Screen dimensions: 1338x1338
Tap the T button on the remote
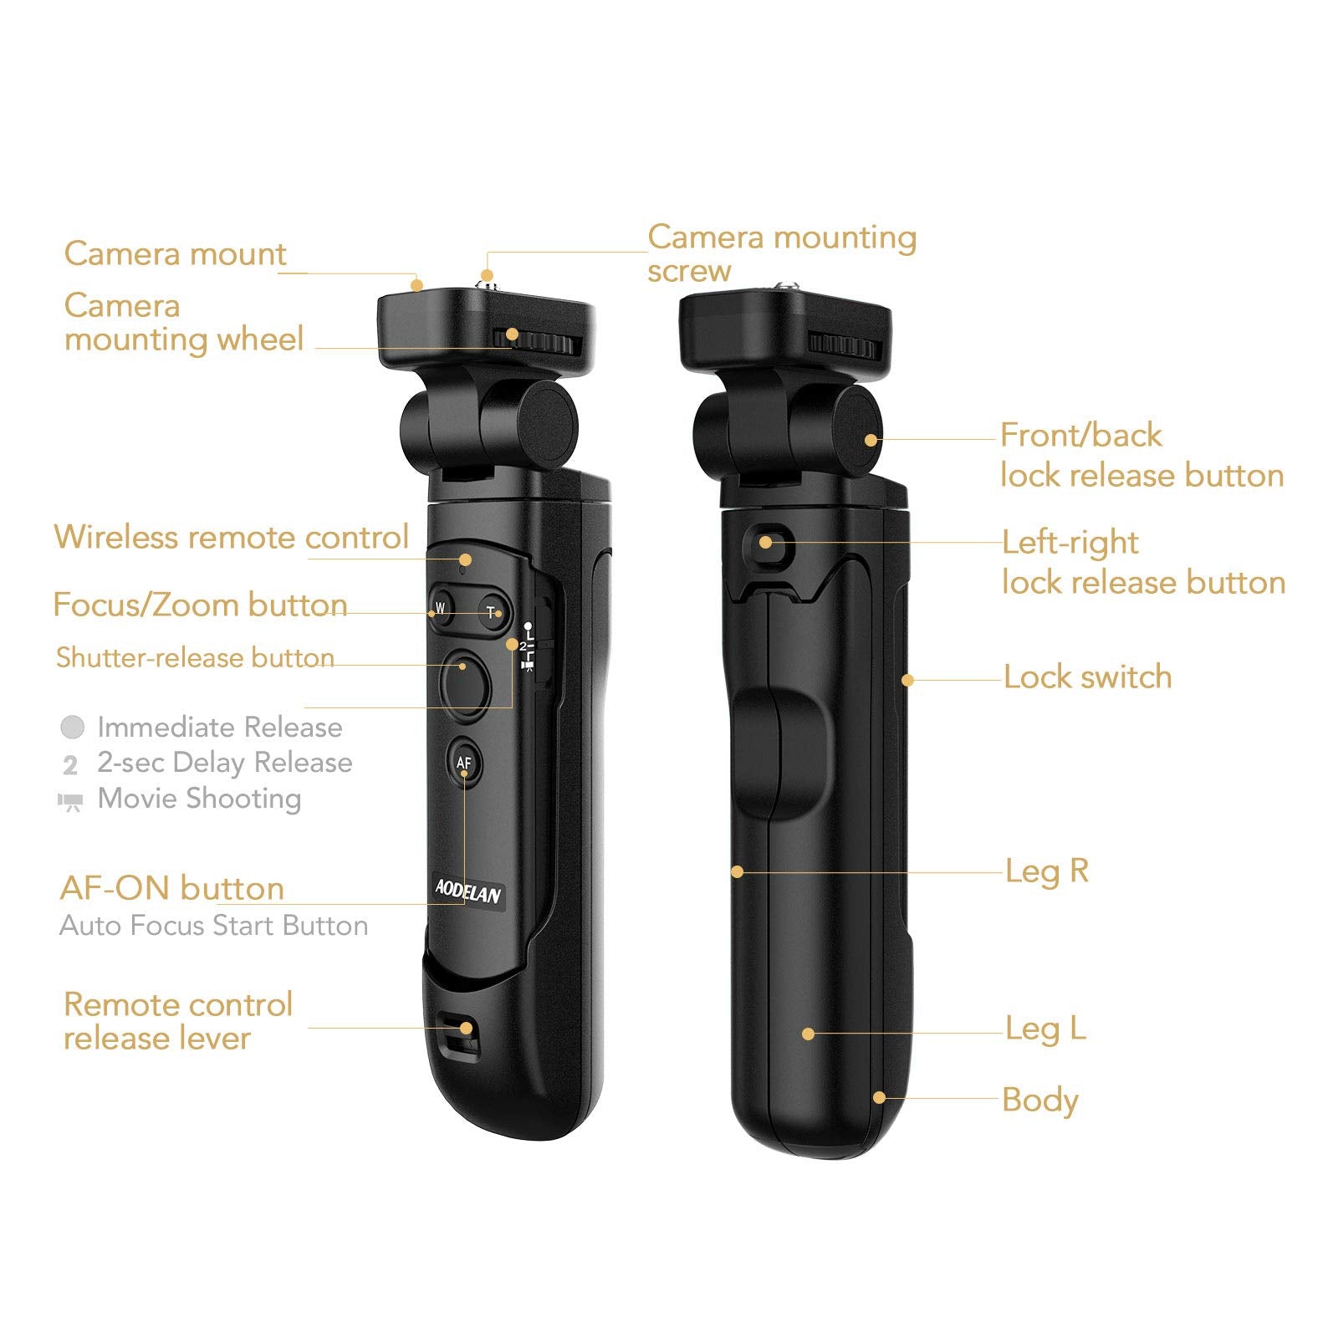pos(493,611)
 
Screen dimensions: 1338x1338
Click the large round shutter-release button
pos(465,682)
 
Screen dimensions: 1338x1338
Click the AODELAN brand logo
pos(468,891)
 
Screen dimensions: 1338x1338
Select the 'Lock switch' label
pos(1087,677)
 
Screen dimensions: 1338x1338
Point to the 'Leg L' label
pos(1045,1028)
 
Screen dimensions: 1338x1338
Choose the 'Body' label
pos(1040,1101)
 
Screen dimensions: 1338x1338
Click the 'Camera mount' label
pos(176,253)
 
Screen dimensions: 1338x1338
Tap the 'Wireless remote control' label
pos(232,537)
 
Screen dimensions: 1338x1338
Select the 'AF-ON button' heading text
pos(172,888)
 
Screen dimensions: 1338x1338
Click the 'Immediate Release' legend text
pos(220,727)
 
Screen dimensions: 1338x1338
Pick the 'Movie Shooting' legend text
pos(199,799)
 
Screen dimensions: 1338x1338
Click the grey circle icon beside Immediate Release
pos(73,727)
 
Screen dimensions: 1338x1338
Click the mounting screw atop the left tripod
pos(486,277)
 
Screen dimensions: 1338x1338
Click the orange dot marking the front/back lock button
pos(871,440)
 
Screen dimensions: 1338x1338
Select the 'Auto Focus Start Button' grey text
pos(214,926)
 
